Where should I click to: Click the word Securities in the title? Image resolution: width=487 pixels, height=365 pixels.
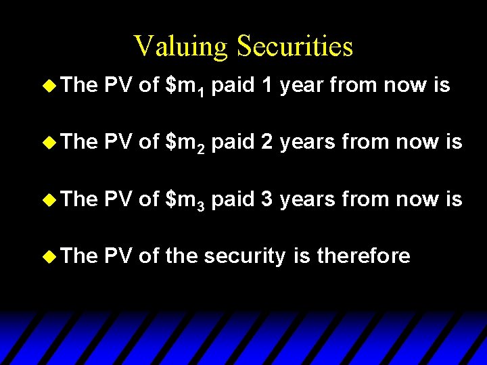295,47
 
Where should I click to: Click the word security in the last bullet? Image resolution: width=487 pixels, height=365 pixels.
245,256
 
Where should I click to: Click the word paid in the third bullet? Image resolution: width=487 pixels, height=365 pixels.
233,199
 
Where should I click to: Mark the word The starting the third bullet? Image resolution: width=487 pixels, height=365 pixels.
78,199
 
